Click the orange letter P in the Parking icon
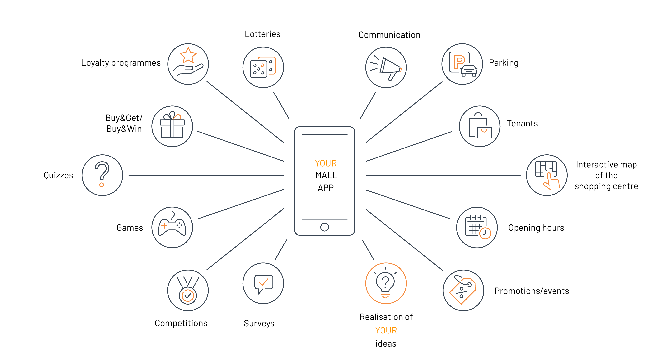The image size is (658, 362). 459,61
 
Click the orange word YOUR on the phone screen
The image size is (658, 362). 326,163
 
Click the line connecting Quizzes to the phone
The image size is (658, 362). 206,175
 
